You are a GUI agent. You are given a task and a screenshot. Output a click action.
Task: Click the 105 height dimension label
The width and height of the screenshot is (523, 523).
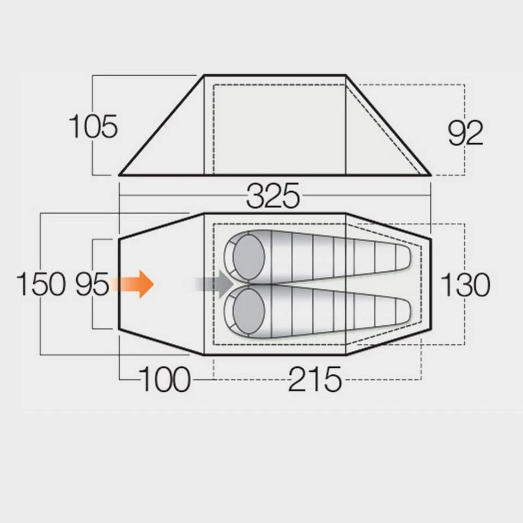pyautogui.click(x=93, y=127)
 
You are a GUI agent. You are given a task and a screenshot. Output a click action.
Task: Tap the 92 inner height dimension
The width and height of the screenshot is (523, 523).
pyautogui.click(x=465, y=133)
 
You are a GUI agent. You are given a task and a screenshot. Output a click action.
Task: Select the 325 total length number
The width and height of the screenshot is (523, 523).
pyautogui.click(x=273, y=197)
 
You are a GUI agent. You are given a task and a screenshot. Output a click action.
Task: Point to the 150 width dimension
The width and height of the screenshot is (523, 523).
pyautogui.click(x=41, y=284)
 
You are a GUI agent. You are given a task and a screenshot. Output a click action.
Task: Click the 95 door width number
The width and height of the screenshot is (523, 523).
pyautogui.click(x=92, y=284)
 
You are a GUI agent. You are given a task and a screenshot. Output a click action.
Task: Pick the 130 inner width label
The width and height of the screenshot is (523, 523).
pyautogui.click(x=465, y=284)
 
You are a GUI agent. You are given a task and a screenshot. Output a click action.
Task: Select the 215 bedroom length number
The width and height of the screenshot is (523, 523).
pyautogui.click(x=315, y=379)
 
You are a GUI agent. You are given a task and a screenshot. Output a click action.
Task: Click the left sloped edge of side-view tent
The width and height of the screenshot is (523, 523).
pyautogui.click(x=162, y=125)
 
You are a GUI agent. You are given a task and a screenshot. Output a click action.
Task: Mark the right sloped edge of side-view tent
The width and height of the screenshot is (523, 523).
pyautogui.click(x=388, y=125)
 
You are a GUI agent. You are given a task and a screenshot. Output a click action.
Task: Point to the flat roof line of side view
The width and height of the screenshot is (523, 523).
pyautogui.click(x=275, y=75)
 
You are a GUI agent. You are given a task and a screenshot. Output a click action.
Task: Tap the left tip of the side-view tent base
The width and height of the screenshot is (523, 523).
pyautogui.click(x=120, y=175)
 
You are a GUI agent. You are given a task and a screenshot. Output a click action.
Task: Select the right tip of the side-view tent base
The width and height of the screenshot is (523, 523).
pyautogui.click(x=430, y=175)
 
